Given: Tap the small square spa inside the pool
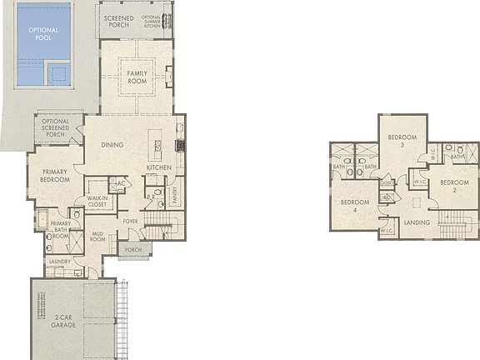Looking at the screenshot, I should [58, 76].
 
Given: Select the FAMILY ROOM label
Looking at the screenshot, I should [137, 77].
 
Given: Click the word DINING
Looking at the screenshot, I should [112, 145].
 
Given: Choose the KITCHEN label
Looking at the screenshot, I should [158, 168].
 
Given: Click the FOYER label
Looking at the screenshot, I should [131, 222].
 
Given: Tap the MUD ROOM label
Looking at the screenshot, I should [97, 236].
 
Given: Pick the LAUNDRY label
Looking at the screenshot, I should [59, 262].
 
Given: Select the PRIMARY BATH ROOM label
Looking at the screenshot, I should [59, 229].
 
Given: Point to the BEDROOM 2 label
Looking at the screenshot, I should [455, 185].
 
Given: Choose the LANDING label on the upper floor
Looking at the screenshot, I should [417, 222].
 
